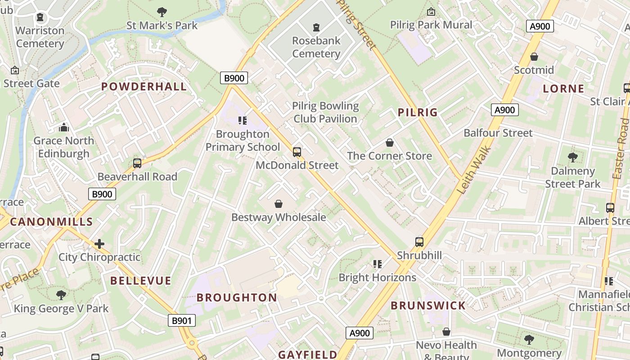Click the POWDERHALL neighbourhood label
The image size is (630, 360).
[x=144, y=87]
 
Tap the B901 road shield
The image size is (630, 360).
[x=182, y=320]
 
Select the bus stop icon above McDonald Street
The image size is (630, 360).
[x=297, y=152]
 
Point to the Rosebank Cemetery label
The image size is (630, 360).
[x=316, y=47]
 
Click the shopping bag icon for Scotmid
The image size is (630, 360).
[x=534, y=57]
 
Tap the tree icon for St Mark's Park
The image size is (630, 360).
[x=162, y=12]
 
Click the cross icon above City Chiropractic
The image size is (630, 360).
[x=99, y=244]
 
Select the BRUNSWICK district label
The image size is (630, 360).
[x=428, y=306]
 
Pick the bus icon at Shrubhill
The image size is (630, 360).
[x=419, y=242]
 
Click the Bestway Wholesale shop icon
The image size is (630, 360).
[x=279, y=204]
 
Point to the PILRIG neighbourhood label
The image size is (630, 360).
[x=418, y=112]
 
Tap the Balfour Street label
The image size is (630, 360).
[x=498, y=133]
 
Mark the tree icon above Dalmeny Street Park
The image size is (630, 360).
[x=572, y=157]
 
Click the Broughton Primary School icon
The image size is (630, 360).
[x=243, y=121]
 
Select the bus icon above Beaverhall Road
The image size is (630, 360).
[x=137, y=163]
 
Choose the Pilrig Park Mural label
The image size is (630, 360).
[x=431, y=25]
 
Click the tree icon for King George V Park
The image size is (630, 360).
[x=61, y=295]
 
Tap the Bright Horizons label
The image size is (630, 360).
[x=377, y=278]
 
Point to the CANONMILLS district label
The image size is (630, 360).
[x=51, y=221]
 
